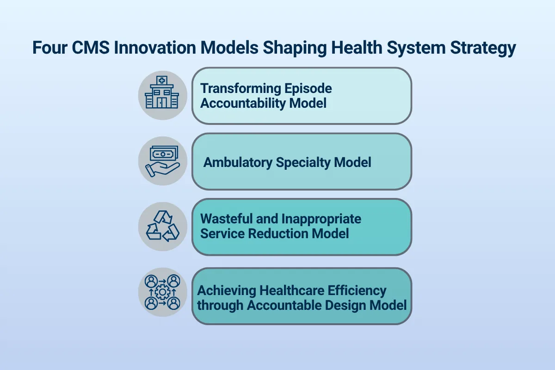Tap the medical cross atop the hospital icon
(x=162, y=80)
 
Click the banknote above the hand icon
(x=163, y=153)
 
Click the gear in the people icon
(x=162, y=292)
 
